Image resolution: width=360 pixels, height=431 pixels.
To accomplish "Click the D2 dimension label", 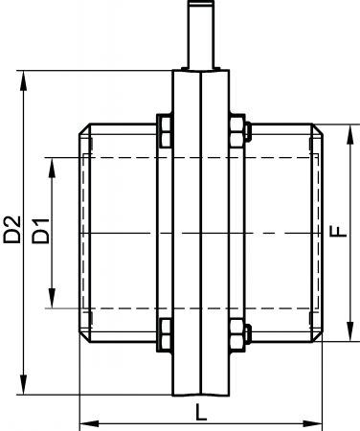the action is tap(12, 230).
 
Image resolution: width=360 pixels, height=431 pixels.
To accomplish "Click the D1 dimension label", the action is tap(41, 231).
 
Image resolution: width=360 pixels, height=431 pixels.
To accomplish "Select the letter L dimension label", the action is tap(201, 412).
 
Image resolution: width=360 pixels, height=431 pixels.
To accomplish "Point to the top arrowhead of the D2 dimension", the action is tap(23, 81).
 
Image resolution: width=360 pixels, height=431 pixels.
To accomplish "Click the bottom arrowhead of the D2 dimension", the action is tap(23, 384).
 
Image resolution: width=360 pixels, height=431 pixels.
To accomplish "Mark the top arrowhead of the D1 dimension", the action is tap(52, 168).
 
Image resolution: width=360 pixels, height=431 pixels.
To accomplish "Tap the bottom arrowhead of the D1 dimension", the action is tap(52, 298).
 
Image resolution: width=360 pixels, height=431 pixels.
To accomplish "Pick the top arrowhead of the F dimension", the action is tap(350, 135).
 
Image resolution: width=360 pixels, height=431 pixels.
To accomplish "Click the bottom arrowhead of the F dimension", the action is tap(350, 331).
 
